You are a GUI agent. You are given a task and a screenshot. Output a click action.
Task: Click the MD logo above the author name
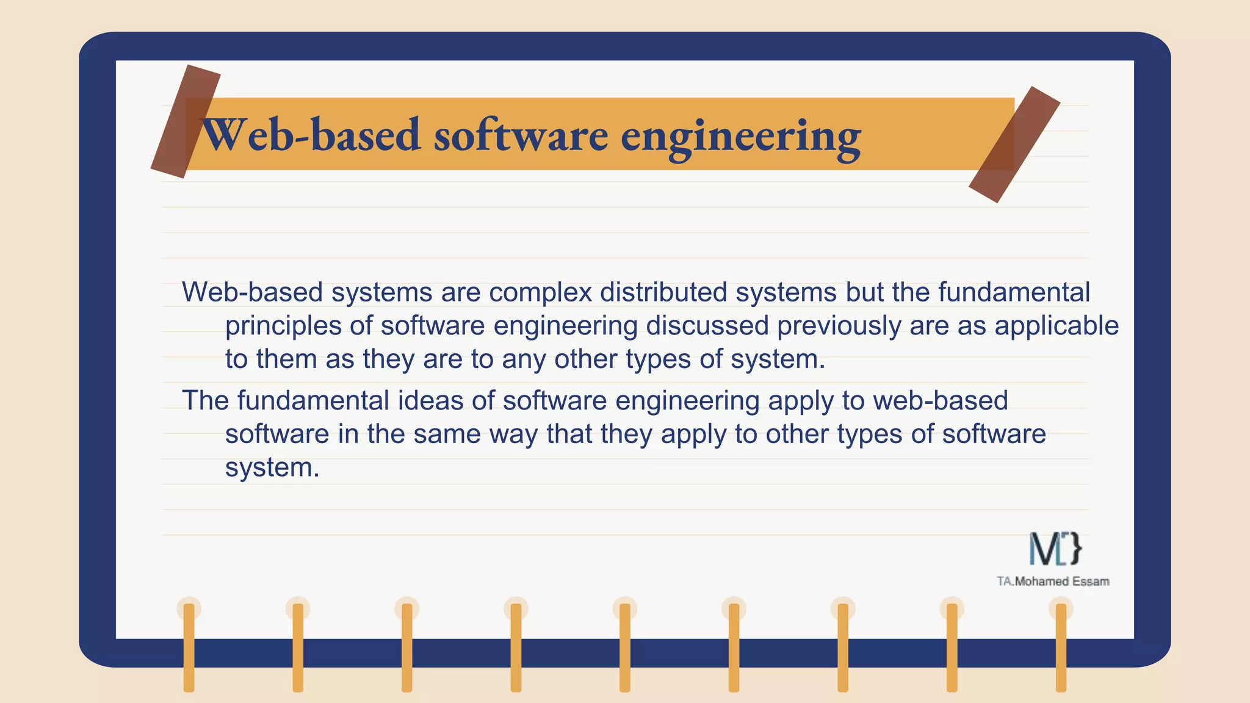coord(1055,548)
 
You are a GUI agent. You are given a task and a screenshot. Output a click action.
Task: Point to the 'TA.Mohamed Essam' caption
coord(1053,582)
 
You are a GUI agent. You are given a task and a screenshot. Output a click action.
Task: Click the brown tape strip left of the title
coord(185,121)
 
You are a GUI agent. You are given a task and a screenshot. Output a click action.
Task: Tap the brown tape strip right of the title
coord(1014,144)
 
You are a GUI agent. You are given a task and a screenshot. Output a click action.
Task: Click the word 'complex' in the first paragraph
coord(540,292)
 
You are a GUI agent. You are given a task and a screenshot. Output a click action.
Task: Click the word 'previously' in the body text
coord(839,326)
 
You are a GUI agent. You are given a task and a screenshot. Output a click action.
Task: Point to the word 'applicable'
coord(1057,326)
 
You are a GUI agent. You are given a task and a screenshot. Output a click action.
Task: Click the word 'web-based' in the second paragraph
coord(940,401)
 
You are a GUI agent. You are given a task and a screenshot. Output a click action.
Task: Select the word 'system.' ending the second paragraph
coord(272,468)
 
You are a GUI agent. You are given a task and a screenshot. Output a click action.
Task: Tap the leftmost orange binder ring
coord(189,647)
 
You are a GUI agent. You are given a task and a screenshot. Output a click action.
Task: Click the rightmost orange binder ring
coord(1061,647)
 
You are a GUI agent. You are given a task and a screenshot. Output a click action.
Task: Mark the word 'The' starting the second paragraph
coord(205,401)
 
